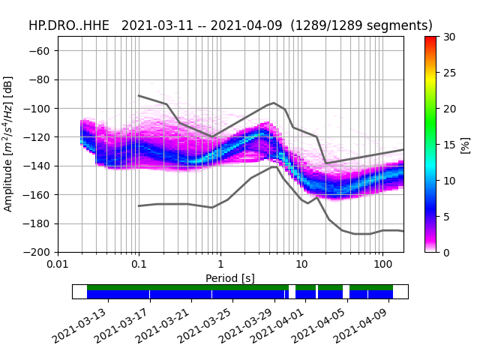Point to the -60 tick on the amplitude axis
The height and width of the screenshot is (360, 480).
tap(41, 51)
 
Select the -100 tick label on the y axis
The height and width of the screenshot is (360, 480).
tap(38, 109)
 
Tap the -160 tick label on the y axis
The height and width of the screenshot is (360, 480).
tap(38, 195)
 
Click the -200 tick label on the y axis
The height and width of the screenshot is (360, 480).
tap(38, 253)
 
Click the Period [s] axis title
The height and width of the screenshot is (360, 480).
tap(230, 278)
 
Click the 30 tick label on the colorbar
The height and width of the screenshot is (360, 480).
tap(448, 37)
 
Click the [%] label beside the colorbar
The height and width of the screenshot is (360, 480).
tap(466, 144)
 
